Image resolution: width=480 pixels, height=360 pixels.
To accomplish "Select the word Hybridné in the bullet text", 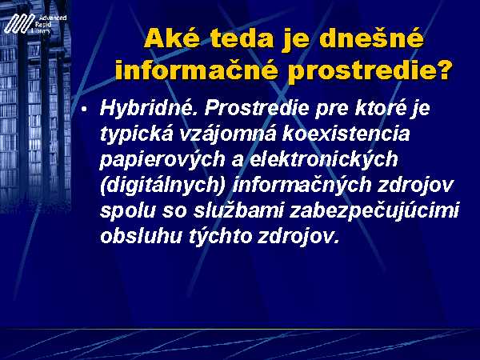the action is [149, 109].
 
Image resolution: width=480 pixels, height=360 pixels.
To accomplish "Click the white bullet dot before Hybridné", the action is [84, 109].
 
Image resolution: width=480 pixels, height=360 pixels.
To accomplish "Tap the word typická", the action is [137, 134].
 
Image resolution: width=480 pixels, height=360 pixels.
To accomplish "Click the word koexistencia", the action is [346, 134].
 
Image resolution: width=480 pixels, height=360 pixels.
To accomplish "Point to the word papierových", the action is [162, 160].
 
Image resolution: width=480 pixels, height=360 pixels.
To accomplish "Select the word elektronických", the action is [324, 160].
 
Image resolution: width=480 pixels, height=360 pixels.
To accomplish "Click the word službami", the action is [238, 210].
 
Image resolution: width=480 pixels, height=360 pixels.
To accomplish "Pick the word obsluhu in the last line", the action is [142, 236].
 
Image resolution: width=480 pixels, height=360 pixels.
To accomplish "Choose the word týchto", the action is [221, 237].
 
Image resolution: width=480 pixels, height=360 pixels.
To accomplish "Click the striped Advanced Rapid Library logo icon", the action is [19, 23].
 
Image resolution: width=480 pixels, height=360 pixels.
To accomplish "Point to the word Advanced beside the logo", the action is [53, 18].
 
